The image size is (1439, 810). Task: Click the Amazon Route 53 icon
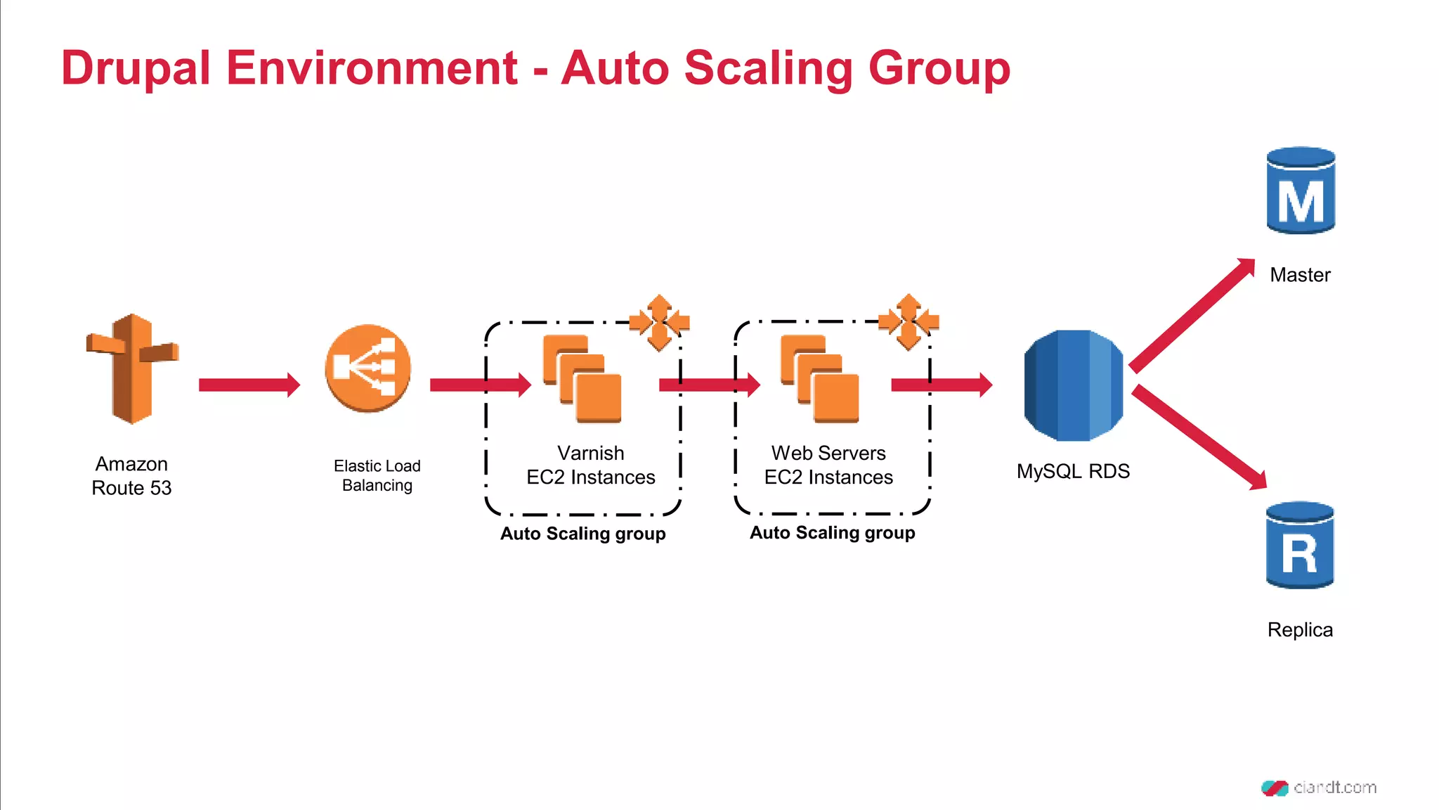131,369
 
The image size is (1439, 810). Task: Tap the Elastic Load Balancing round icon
367,368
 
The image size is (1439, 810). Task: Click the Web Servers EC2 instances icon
820,379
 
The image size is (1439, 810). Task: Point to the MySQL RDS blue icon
1073,385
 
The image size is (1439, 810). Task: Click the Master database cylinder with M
1301,191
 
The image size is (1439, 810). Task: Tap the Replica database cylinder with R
1300,545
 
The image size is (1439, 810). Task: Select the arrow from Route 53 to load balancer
249,385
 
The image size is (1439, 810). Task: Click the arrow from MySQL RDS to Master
1192,315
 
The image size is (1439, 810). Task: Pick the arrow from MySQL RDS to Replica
1199,437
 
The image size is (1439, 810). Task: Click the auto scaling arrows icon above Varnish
659,323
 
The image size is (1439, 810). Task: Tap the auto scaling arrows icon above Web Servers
909,322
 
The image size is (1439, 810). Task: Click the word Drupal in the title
136,68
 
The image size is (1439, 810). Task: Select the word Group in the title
939,68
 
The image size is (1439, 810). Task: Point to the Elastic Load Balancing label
377,475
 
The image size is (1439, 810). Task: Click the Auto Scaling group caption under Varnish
582,534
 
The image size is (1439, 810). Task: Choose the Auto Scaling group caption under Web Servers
832,533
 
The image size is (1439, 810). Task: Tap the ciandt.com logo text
1334,787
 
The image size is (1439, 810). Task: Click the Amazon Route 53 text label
131,476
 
